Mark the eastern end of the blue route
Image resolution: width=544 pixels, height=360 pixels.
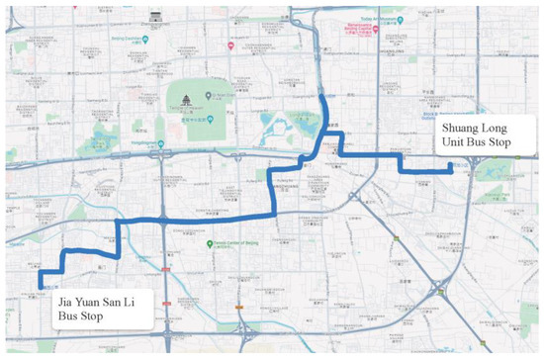(451, 170)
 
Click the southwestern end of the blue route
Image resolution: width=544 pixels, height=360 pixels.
(42, 287)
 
